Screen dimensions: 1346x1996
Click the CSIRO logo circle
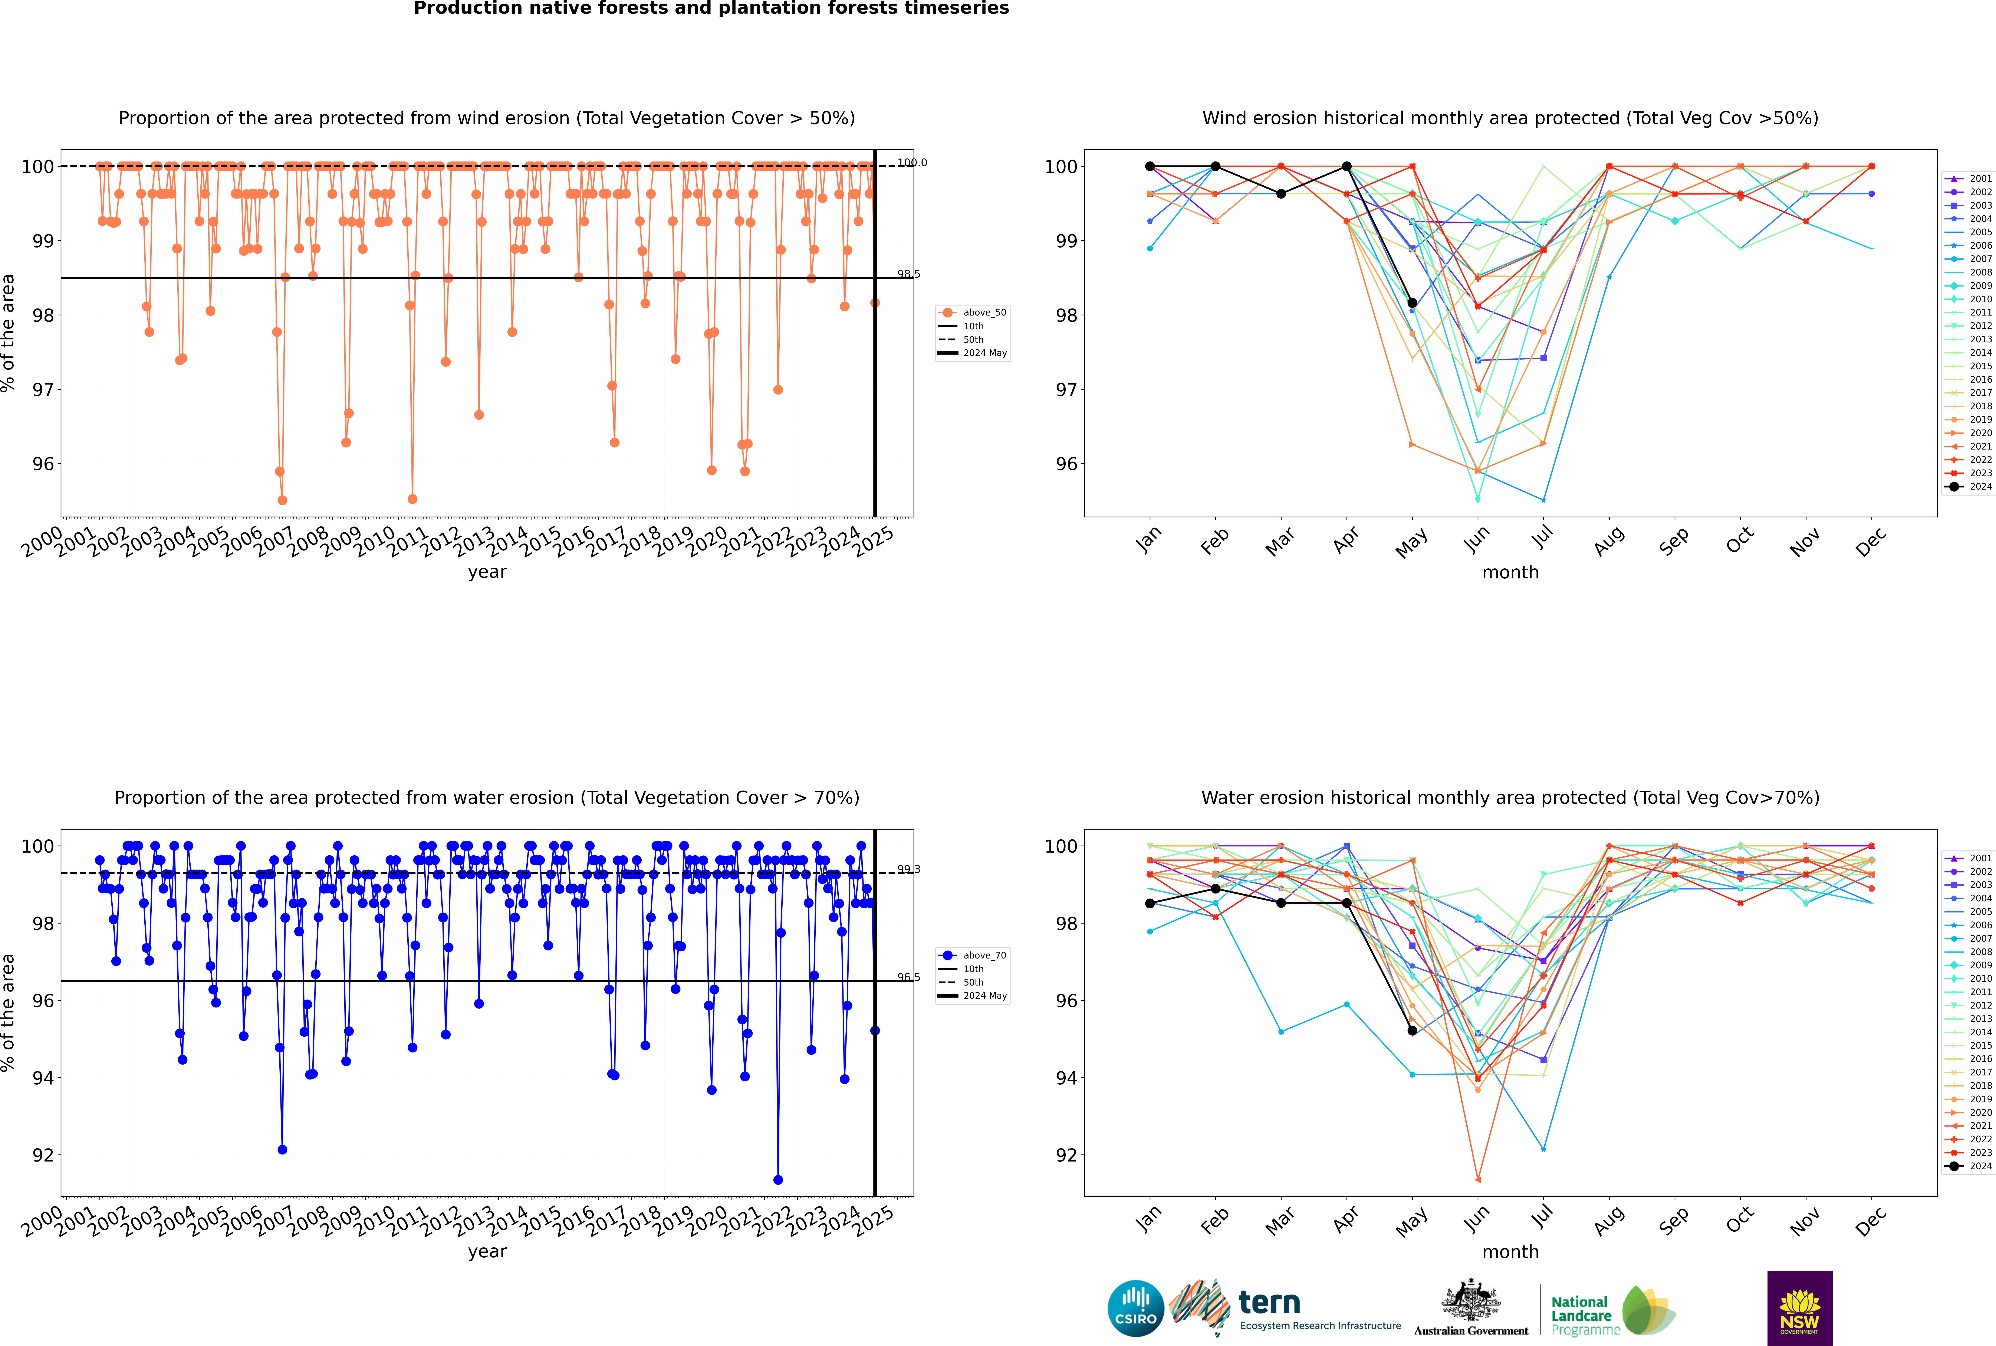1135,1308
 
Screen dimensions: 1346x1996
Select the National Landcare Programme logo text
1581,1315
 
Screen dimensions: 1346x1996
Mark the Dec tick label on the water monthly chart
1871,1221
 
